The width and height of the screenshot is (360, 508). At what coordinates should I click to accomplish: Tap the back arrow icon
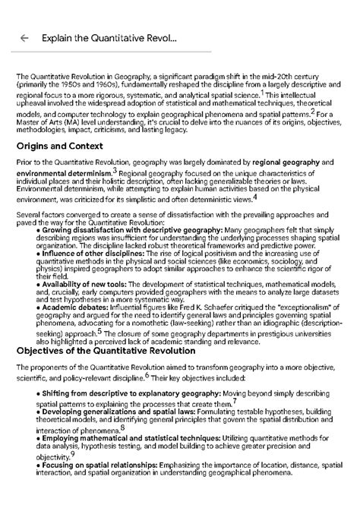(24, 37)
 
